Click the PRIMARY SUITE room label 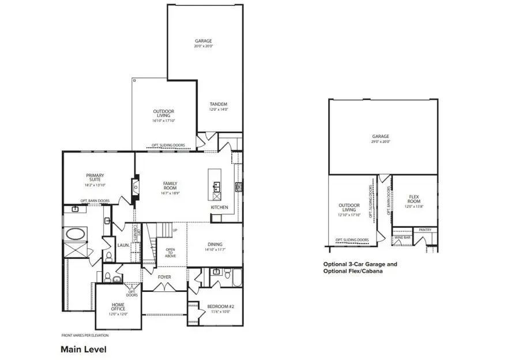95,178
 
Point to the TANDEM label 218,104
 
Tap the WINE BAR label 402,237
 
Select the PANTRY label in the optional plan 425,230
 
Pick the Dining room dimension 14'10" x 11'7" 213,250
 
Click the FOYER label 165,277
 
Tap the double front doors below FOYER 164,292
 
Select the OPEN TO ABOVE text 171,252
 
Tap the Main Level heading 84,349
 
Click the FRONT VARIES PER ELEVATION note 85,335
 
